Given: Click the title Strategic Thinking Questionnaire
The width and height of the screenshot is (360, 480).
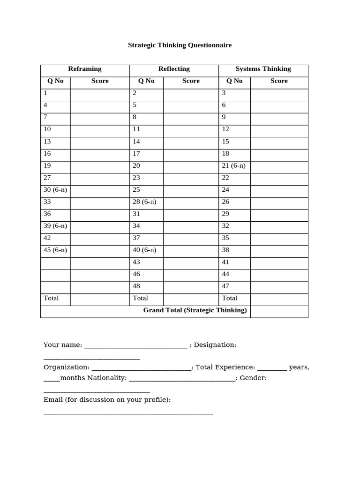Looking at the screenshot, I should tap(180, 45).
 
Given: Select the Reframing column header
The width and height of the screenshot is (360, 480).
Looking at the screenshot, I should tap(85, 69).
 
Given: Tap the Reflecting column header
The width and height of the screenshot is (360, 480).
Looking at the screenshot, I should tap(174, 69).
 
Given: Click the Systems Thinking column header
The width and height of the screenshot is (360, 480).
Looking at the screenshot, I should tap(263, 69).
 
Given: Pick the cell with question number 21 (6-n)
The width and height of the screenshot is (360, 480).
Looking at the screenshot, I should tap(233, 166).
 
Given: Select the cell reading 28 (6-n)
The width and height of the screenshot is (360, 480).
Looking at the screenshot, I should tap(144, 202).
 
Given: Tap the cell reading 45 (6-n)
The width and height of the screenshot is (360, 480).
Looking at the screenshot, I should tap(55, 250).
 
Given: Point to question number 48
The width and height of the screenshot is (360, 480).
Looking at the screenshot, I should tap(136, 286).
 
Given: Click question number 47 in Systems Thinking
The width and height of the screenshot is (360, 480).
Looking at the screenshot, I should tap(225, 286).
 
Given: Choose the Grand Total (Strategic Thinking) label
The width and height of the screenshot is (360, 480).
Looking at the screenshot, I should tap(195, 310).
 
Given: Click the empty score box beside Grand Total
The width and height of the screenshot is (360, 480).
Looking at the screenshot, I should tap(279, 312).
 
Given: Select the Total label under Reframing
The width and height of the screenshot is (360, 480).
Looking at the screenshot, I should tap(51, 298).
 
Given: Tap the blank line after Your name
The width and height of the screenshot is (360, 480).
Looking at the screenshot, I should tap(135, 347).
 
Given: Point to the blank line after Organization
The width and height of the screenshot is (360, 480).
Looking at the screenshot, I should tap(141, 369).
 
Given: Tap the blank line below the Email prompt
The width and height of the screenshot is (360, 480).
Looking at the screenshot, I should tap(128, 413).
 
